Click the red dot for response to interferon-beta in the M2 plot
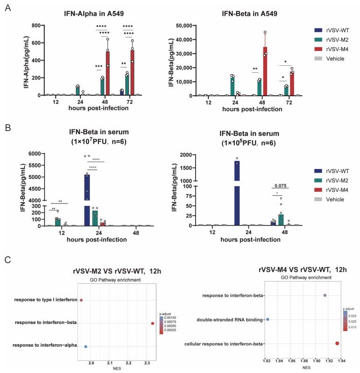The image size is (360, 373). click(153, 323)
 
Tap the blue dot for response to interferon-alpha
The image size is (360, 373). click(85, 347)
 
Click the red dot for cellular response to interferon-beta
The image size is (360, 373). click(337, 344)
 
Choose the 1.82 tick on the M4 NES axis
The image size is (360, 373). click(266, 360)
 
